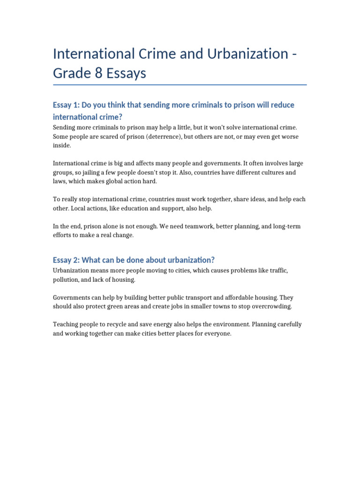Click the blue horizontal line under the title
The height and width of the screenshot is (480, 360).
[180, 85]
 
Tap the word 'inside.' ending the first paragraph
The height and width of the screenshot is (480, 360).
[61, 145]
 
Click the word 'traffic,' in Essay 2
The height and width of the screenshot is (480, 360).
[277, 271]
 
